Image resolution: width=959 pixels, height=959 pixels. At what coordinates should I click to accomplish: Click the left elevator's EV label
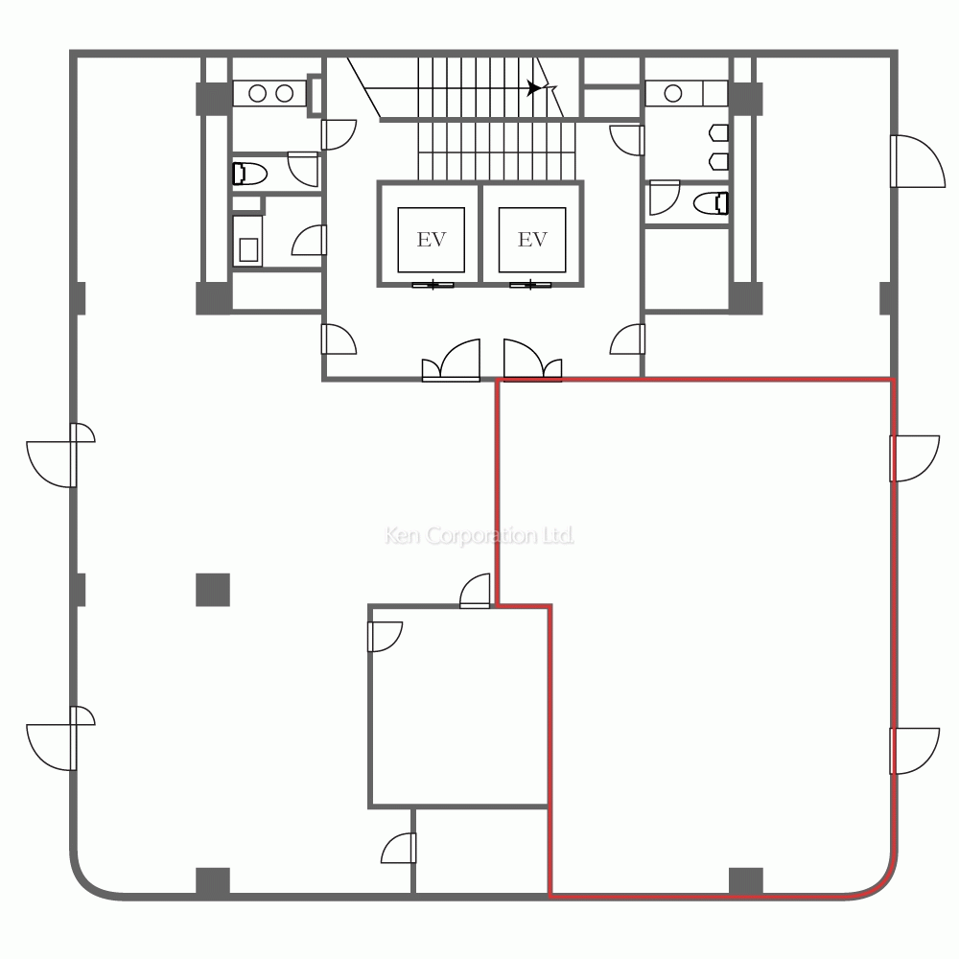tap(432, 239)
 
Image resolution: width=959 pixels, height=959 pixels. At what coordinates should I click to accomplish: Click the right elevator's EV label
tap(532, 239)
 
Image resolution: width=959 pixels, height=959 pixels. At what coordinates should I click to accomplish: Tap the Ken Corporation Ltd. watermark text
tap(479, 536)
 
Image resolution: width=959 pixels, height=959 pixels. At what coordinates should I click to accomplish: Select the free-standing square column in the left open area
tap(213, 590)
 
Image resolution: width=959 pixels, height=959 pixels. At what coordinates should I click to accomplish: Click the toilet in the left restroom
tap(250, 174)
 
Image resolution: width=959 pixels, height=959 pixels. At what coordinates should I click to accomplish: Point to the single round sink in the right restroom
tap(673, 93)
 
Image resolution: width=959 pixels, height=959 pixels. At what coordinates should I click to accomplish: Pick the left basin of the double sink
tap(257, 93)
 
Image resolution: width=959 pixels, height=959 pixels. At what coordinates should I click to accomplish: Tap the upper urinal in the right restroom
tap(718, 132)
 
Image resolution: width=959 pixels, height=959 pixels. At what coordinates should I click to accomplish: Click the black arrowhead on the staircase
tap(534, 88)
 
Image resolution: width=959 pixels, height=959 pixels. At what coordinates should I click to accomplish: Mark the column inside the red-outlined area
tap(746, 881)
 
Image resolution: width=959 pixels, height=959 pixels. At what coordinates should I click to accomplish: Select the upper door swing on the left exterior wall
tap(59, 455)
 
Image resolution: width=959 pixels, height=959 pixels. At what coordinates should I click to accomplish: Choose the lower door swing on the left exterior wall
tap(59, 738)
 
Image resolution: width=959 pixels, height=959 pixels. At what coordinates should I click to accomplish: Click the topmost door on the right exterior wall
tap(918, 161)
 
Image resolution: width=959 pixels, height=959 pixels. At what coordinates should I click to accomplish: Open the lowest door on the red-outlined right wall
tap(914, 751)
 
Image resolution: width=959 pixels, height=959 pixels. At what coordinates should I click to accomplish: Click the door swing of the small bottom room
tap(398, 849)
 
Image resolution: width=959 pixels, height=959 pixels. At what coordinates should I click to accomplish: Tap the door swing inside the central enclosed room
tap(385, 637)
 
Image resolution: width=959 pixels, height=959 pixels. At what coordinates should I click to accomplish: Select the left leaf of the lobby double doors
tap(452, 361)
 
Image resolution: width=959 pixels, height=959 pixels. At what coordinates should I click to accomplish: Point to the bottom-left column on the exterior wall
tap(213, 881)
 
